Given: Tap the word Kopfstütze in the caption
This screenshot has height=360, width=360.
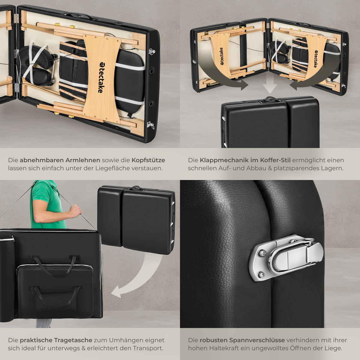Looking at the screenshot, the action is (x=148, y=160).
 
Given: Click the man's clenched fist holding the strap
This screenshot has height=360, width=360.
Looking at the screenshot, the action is (x=76, y=211).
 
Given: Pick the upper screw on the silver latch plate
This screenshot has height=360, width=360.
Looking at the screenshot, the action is (x=262, y=253).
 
